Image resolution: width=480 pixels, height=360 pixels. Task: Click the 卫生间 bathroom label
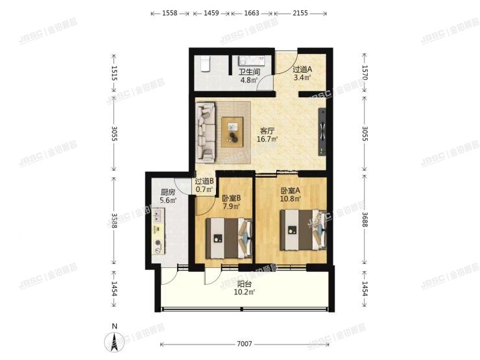[250, 73]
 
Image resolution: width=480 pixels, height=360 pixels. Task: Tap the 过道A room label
[302, 70]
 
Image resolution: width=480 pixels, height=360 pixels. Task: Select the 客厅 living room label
[267, 129]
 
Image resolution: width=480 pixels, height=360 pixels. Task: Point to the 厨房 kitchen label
[167, 192]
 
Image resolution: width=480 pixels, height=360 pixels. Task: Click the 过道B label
[204, 181]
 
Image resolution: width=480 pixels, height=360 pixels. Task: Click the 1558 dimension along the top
[171, 13]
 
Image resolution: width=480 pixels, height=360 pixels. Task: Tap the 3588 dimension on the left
[114, 221]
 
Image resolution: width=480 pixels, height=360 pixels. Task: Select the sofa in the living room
[206, 132]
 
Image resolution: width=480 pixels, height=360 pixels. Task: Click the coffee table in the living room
[232, 130]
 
